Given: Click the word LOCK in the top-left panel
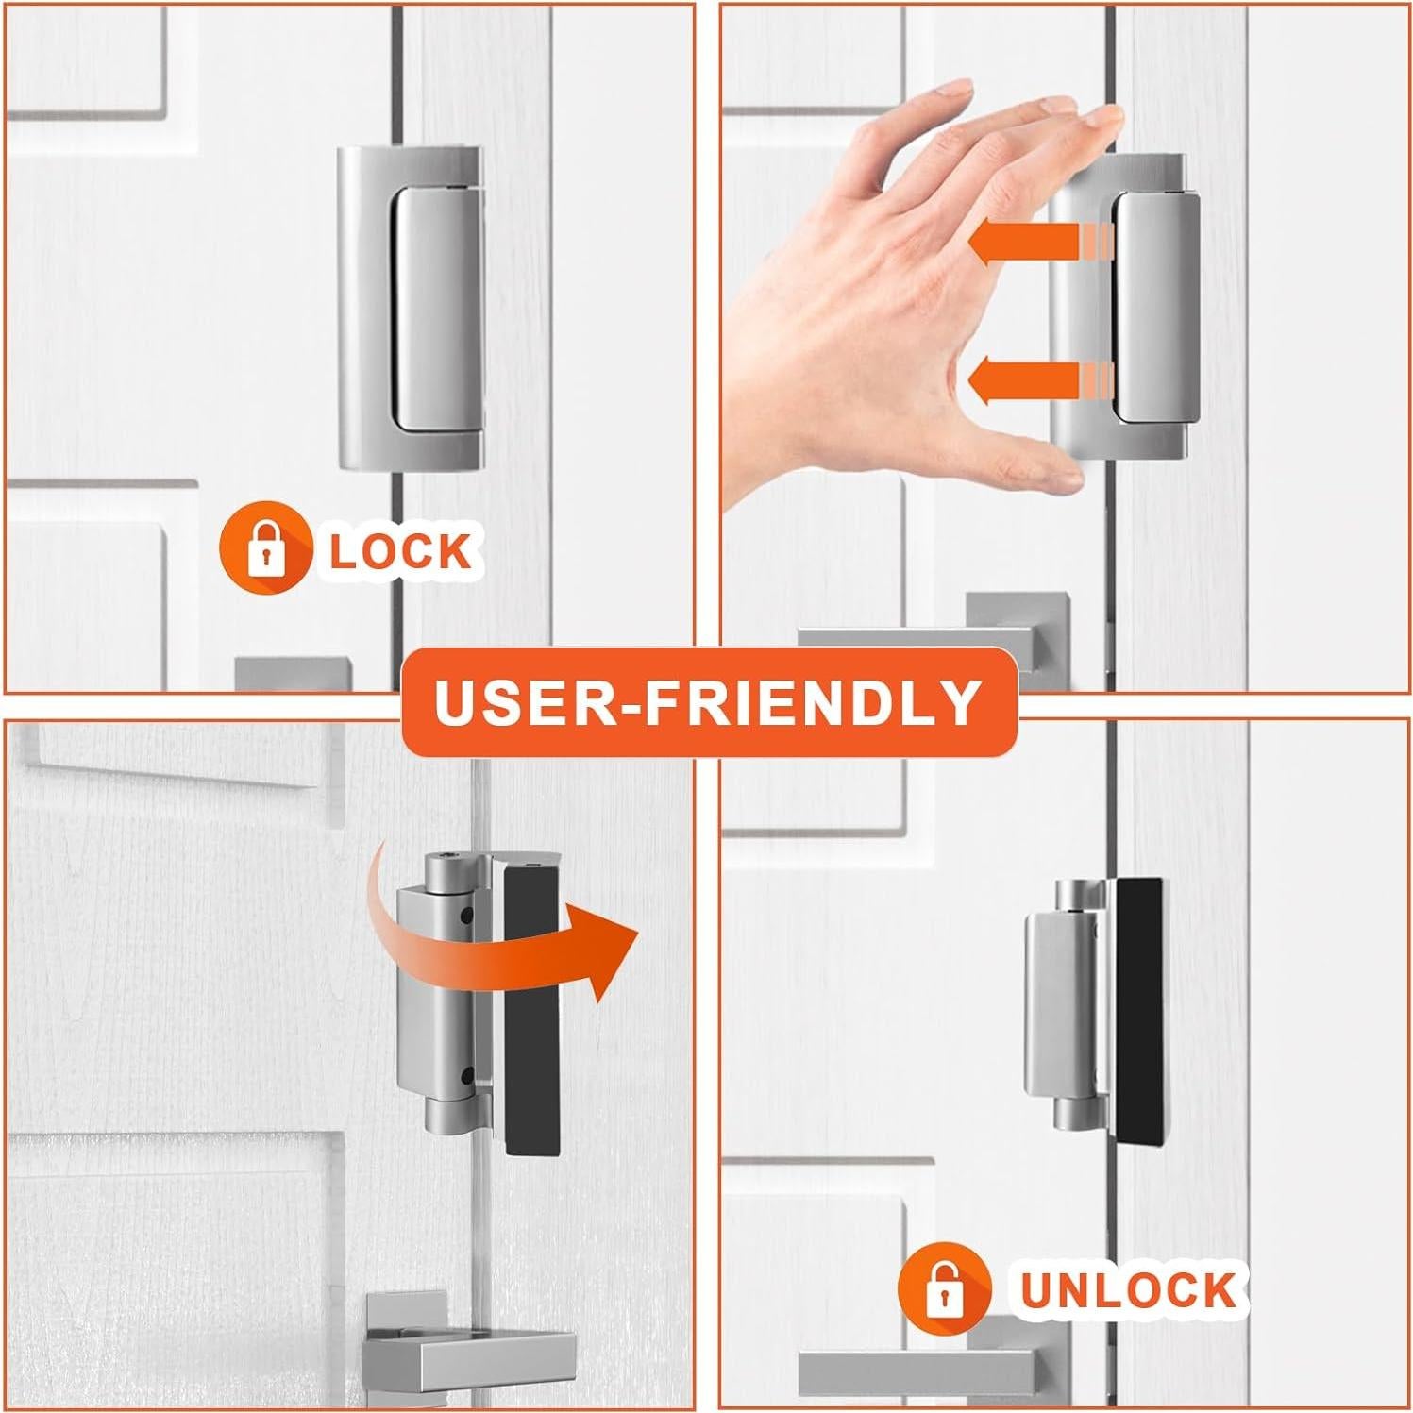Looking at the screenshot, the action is (400, 551).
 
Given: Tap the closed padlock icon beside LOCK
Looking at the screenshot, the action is (265, 547).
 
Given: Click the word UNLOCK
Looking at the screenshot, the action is (1128, 1290).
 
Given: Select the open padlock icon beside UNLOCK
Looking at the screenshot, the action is (944, 1287).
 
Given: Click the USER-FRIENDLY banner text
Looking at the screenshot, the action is (708, 701).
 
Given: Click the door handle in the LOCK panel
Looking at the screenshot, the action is (293, 674).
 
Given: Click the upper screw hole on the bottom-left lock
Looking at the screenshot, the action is (467, 914).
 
